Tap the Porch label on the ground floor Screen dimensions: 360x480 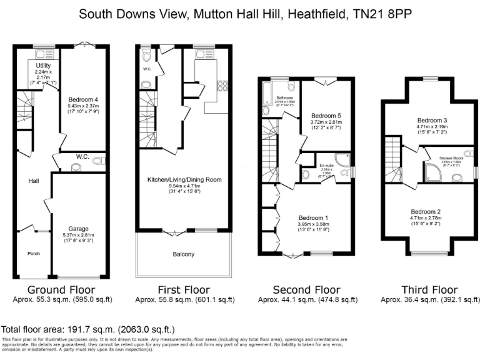(x=33, y=253)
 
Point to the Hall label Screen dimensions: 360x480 (x=34, y=181)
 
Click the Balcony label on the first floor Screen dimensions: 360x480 (x=184, y=254)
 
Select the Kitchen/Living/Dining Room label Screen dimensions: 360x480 (x=184, y=180)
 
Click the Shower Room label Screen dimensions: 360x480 (x=449, y=159)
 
